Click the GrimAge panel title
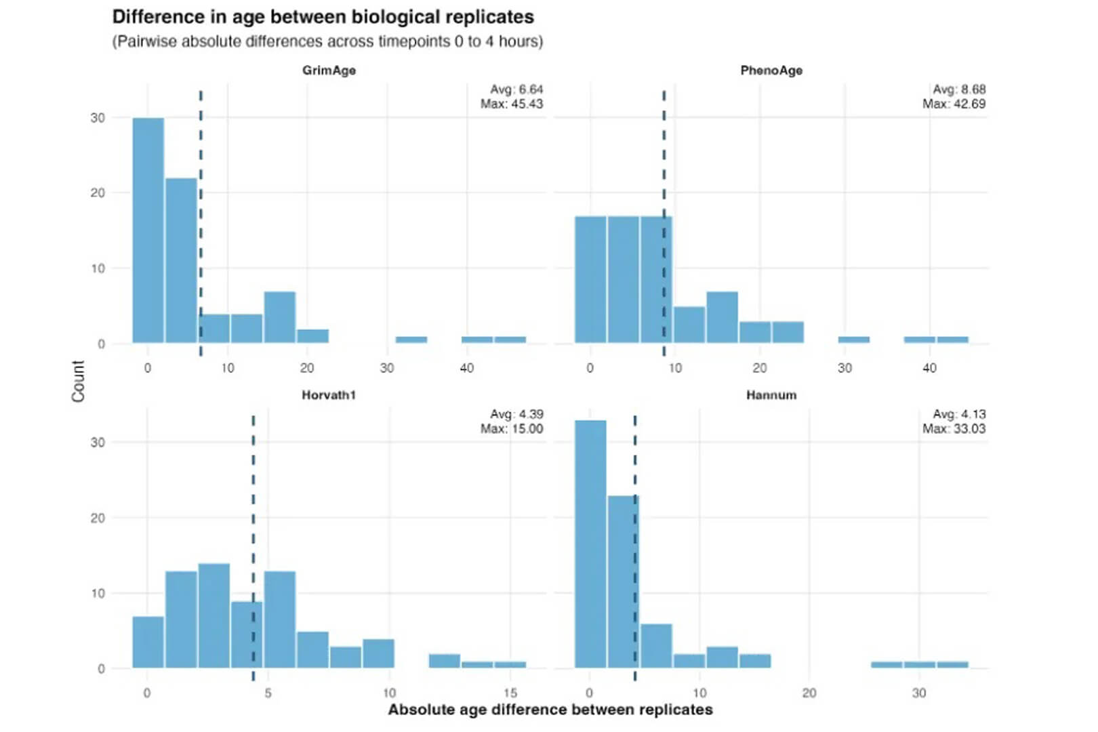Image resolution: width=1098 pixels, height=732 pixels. pyautogui.click(x=329, y=70)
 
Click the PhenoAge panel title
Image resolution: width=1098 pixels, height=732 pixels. pyautogui.click(x=771, y=70)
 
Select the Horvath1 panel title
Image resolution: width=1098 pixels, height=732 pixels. pyautogui.click(x=329, y=395)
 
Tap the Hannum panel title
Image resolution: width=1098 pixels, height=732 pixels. pyautogui.click(x=771, y=395)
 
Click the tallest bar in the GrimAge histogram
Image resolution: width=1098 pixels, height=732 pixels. pyautogui.click(x=148, y=230)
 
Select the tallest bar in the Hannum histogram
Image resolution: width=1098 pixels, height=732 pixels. pyautogui.click(x=590, y=542)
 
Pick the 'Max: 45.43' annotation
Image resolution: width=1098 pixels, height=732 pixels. pyautogui.click(x=512, y=104)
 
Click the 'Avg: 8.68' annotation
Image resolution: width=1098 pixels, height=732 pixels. pyautogui.click(x=959, y=89)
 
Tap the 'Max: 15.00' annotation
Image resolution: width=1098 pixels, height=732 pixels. pyautogui.click(x=512, y=429)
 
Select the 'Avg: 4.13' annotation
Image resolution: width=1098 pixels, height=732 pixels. pyautogui.click(x=959, y=414)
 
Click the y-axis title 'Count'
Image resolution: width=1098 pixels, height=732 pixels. pyautogui.click(x=79, y=381)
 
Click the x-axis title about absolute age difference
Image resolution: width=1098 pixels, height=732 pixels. pyautogui.click(x=550, y=710)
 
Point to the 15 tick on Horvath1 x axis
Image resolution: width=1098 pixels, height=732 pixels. pyautogui.click(x=510, y=693)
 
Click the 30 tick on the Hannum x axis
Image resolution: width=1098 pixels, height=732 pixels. pyautogui.click(x=918, y=693)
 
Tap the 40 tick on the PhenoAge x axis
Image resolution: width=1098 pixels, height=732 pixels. pyautogui.click(x=929, y=368)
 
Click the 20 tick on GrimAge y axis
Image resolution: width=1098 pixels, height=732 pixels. pyautogui.click(x=98, y=193)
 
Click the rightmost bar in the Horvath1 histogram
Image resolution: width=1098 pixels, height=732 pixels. pyautogui.click(x=510, y=665)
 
